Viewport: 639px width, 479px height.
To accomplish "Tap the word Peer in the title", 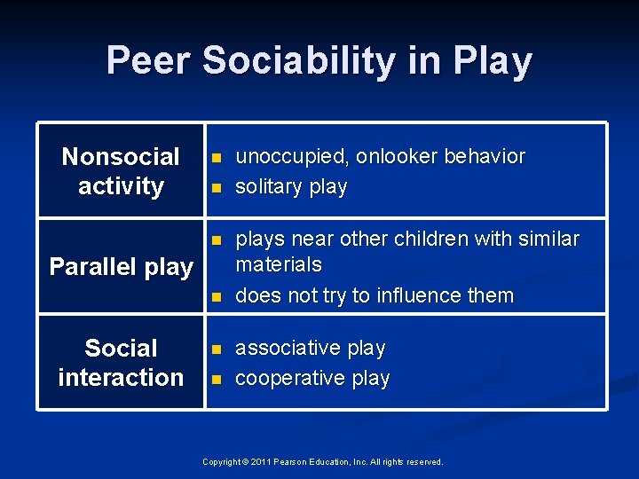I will click(x=148, y=61).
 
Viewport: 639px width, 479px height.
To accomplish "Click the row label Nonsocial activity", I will click(x=121, y=171).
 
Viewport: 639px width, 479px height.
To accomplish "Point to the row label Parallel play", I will click(x=121, y=267).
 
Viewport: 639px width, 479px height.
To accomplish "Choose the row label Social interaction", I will click(x=121, y=363).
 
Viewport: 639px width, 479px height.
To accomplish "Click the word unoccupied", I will click(x=290, y=157).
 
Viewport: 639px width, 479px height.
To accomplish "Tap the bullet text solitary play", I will click(x=291, y=187).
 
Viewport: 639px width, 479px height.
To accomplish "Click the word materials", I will click(x=279, y=264).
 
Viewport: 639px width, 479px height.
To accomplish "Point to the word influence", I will click(x=420, y=295).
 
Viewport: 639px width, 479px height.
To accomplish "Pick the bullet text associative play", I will click(x=311, y=348).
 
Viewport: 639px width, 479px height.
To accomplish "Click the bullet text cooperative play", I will click(x=312, y=378).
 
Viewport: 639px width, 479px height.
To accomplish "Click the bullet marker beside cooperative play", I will click(x=214, y=379).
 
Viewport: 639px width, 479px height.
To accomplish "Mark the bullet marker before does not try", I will click(x=214, y=296).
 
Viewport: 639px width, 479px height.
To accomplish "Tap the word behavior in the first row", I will click(x=484, y=157).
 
